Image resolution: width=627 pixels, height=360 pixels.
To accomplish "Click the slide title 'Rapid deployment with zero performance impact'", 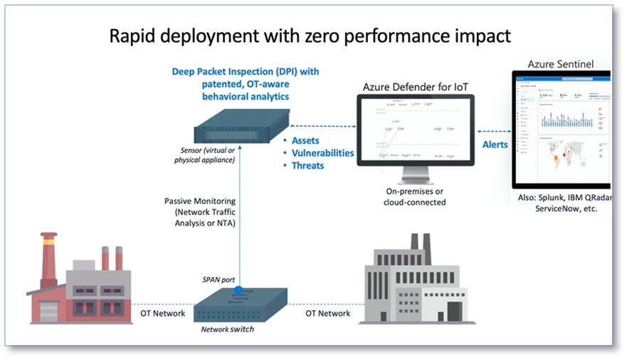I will point(310,36).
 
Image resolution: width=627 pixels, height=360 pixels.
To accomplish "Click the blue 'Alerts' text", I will point(495,144).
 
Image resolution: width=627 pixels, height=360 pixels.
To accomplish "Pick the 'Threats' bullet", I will point(307,166).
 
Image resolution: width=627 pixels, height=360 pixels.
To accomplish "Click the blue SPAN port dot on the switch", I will point(239,290).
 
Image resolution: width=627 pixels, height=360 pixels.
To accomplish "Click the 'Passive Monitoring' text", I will point(199,201).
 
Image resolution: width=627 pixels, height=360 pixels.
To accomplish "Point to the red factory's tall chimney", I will point(49,253).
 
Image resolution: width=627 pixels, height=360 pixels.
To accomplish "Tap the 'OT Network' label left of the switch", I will point(163,313).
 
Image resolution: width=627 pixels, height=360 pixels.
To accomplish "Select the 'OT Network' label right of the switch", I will point(327,313).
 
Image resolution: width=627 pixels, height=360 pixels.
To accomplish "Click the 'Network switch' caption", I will point(227,330).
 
